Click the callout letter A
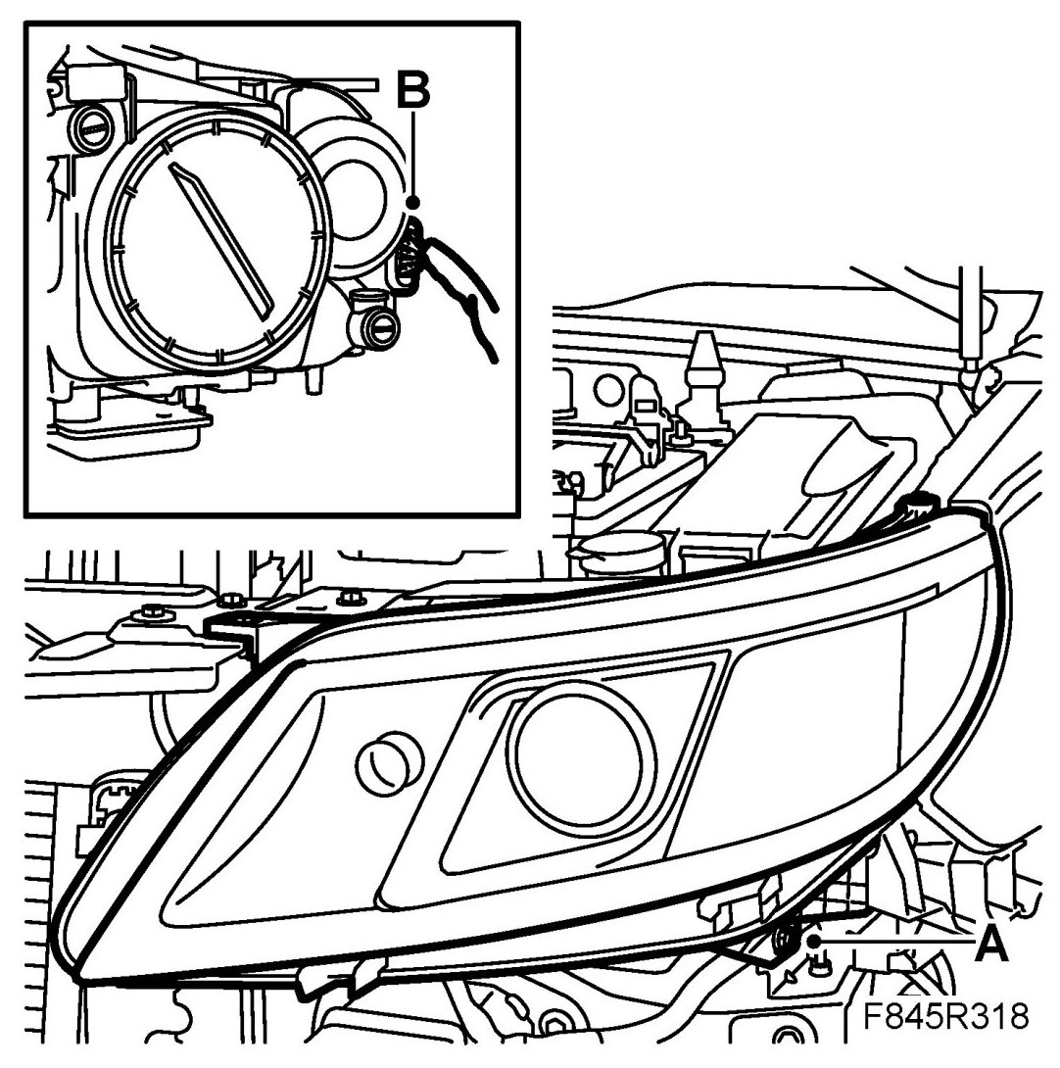click(x=990, y=945)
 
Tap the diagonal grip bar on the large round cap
click(x=223, y=239)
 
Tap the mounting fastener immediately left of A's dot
click(x=785, y=942)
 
